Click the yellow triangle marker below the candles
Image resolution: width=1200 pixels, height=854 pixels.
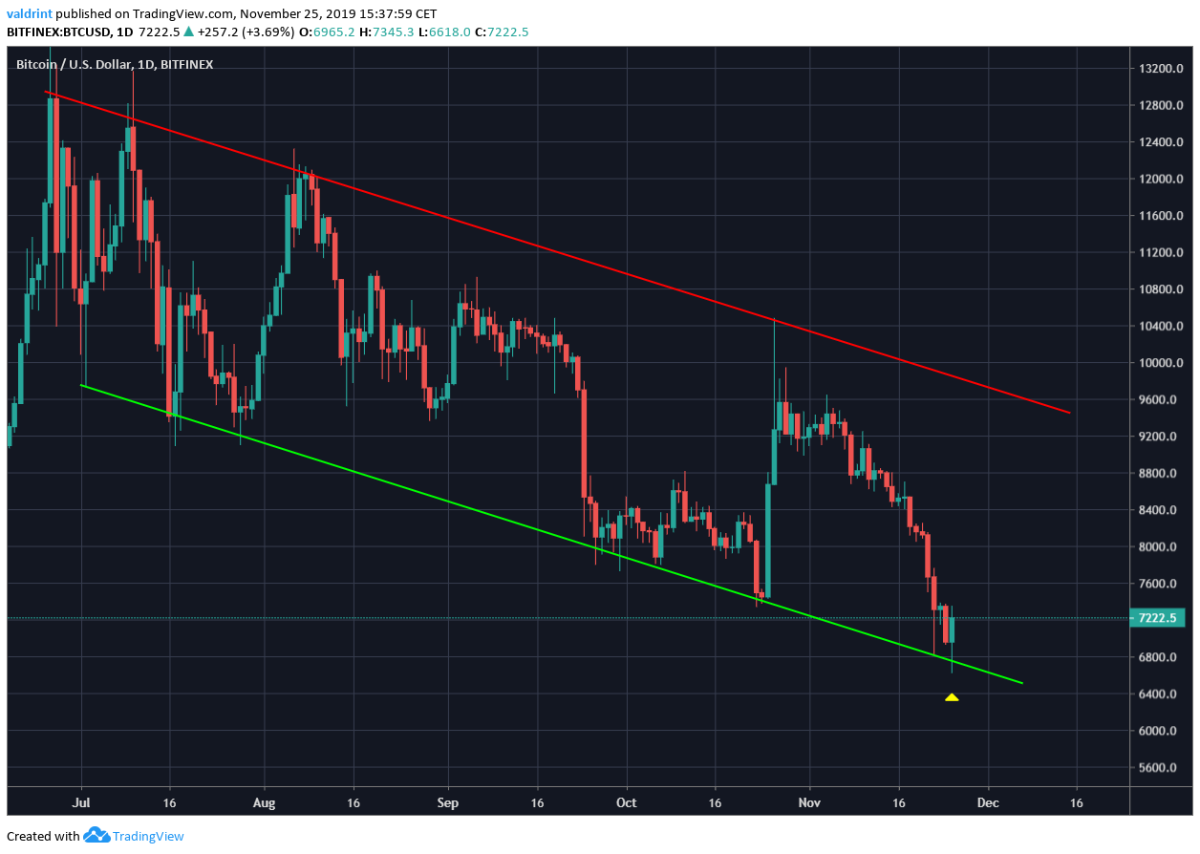point(952,697)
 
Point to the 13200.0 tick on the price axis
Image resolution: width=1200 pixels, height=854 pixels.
point(1159,69)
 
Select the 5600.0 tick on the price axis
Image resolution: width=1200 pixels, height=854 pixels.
point(1159,768)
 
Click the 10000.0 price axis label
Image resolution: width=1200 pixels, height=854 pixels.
point(1159,363)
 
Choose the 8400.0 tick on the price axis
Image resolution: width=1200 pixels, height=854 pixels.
point(1159,510)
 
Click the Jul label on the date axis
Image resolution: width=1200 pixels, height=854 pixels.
point(81,803)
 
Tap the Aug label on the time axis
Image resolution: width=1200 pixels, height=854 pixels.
point(264,803)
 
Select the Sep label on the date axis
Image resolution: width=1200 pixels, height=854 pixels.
point(447,803)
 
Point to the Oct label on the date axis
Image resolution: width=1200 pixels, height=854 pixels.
point(626,803)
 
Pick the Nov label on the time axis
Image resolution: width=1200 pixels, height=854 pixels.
point(809,803)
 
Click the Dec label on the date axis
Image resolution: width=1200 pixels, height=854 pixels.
point(988,803)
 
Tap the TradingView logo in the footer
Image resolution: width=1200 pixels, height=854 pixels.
point(134,836)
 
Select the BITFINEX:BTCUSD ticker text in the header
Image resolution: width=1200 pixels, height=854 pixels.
point(59,32)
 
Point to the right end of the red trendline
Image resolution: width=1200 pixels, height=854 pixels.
point(1069,413)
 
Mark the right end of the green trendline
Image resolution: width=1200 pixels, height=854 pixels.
point(1022,683)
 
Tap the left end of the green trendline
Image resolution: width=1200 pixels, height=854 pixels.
point(82,385)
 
